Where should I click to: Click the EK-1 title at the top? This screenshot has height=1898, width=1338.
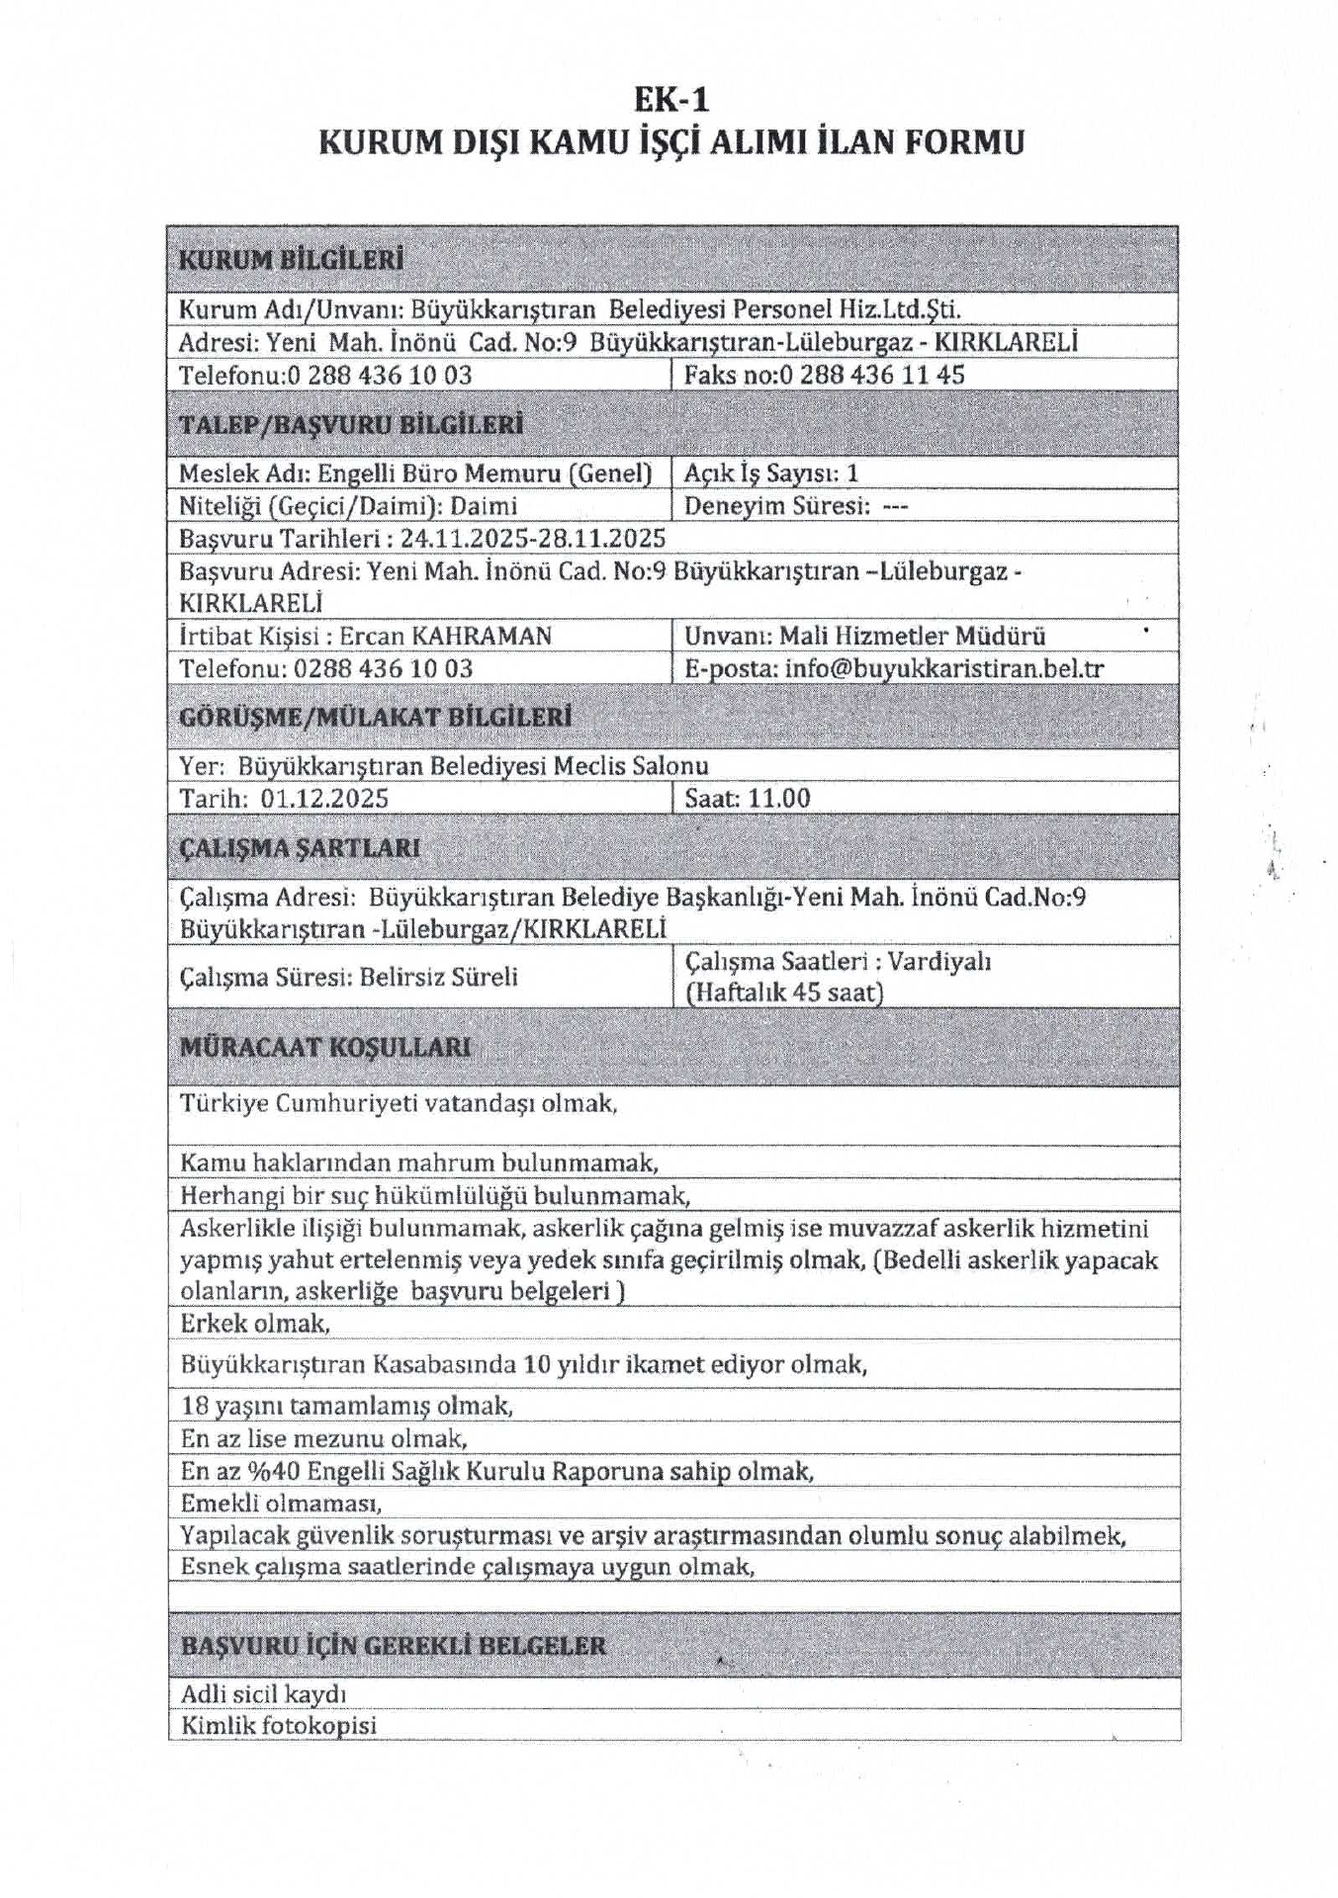click(x=671, y=100)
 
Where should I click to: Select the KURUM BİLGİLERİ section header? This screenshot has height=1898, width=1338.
click(x=291, y=261)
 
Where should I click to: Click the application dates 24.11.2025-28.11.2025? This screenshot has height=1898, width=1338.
click(x=533, y=539)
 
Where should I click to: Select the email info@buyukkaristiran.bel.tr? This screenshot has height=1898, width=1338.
click(x=943, y=668)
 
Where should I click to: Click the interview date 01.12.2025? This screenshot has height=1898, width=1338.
click(x=324, y=799)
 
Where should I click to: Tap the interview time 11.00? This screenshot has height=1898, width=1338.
click(x=778, y=799)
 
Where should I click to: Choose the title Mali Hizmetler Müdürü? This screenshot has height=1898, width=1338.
click(x=912, y=636)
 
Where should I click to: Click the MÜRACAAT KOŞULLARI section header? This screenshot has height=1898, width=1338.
click(x=325, y=1048)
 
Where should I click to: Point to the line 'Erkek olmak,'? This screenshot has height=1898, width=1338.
click(x=255, y=1323)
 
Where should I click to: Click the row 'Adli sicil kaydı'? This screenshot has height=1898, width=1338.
click(x=263, y=1694)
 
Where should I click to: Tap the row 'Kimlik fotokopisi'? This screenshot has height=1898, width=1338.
click(x=279, y=1726)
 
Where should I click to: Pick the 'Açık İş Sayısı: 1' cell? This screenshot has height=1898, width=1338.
click(x=771, y=473)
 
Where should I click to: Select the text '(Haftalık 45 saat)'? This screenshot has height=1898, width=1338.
click(x=784, y=992)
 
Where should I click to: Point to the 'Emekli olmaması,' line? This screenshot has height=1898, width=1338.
click(x=281, y=1503)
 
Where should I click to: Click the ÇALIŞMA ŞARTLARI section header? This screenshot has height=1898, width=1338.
click(x=300, y=848)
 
